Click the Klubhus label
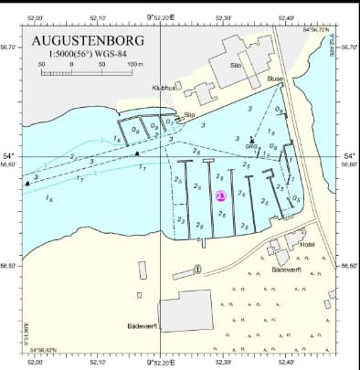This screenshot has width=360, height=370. pyautogui.click(x=164, y=89)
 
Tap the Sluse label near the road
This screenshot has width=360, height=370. pyautogui.click(x=275, y=79)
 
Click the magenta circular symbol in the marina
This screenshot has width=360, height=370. pyautogui.click(x=220, y=196)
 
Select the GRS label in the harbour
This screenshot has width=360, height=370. pyautogui.click(x=250, y=145)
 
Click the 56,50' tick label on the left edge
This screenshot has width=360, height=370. pyautogui.click(x=9, y=266)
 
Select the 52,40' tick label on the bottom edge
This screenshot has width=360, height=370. pyautogui.click(x=285, y=363)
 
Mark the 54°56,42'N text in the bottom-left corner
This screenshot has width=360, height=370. pyautogui.click(x=45, y=350)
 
